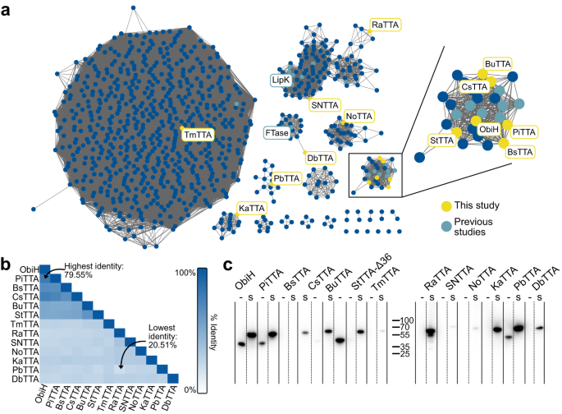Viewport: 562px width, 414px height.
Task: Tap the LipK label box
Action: click(x=281, y=80)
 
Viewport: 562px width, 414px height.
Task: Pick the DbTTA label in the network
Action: click(x=321, y=157)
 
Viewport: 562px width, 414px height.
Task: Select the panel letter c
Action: click(x=228, y=266)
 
